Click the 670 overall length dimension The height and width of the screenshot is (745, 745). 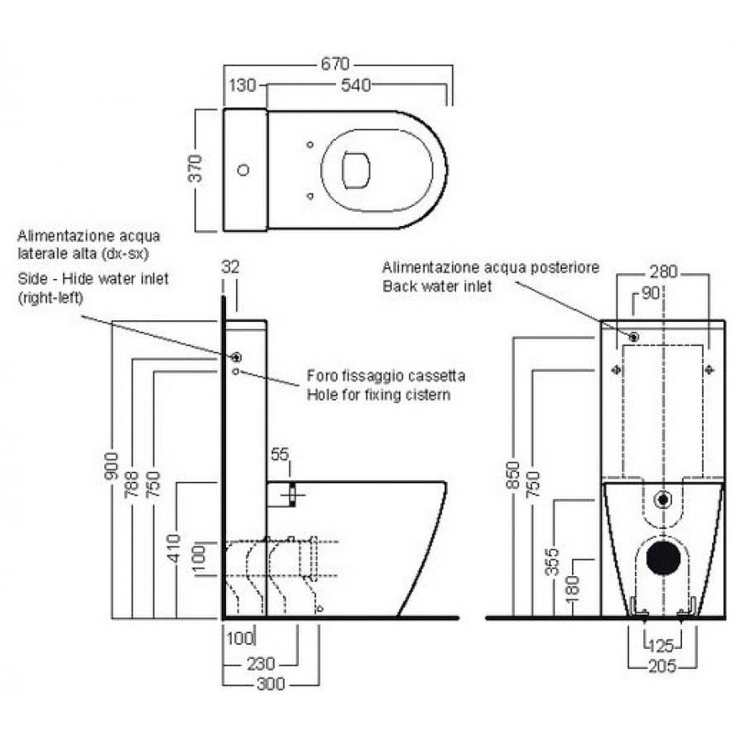tap(336, 64)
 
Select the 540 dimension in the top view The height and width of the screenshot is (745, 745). tap(353, 84)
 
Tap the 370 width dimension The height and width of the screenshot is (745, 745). tap(196, 169)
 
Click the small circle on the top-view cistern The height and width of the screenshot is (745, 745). tap(243, 171)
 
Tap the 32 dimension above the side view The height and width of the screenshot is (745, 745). tap(231, 267)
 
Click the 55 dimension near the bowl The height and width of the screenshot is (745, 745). tap(280, 454)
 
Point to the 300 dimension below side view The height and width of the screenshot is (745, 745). tap(270, 685)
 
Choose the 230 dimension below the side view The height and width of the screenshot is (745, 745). tap(261, 665)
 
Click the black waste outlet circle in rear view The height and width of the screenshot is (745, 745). tap(662, 560)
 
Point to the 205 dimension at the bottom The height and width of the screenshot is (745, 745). tap(662, 665)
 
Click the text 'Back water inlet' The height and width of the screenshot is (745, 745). tap(437, 286)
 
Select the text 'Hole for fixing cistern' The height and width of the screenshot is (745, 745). tap(379, 395)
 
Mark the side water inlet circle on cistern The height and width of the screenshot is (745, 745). tap(237, 358)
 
